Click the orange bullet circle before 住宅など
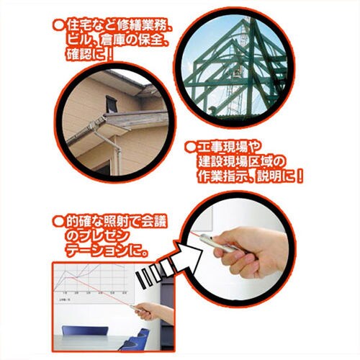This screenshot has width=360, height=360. [59, 26]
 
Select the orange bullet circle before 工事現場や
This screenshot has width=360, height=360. [190, 146]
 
